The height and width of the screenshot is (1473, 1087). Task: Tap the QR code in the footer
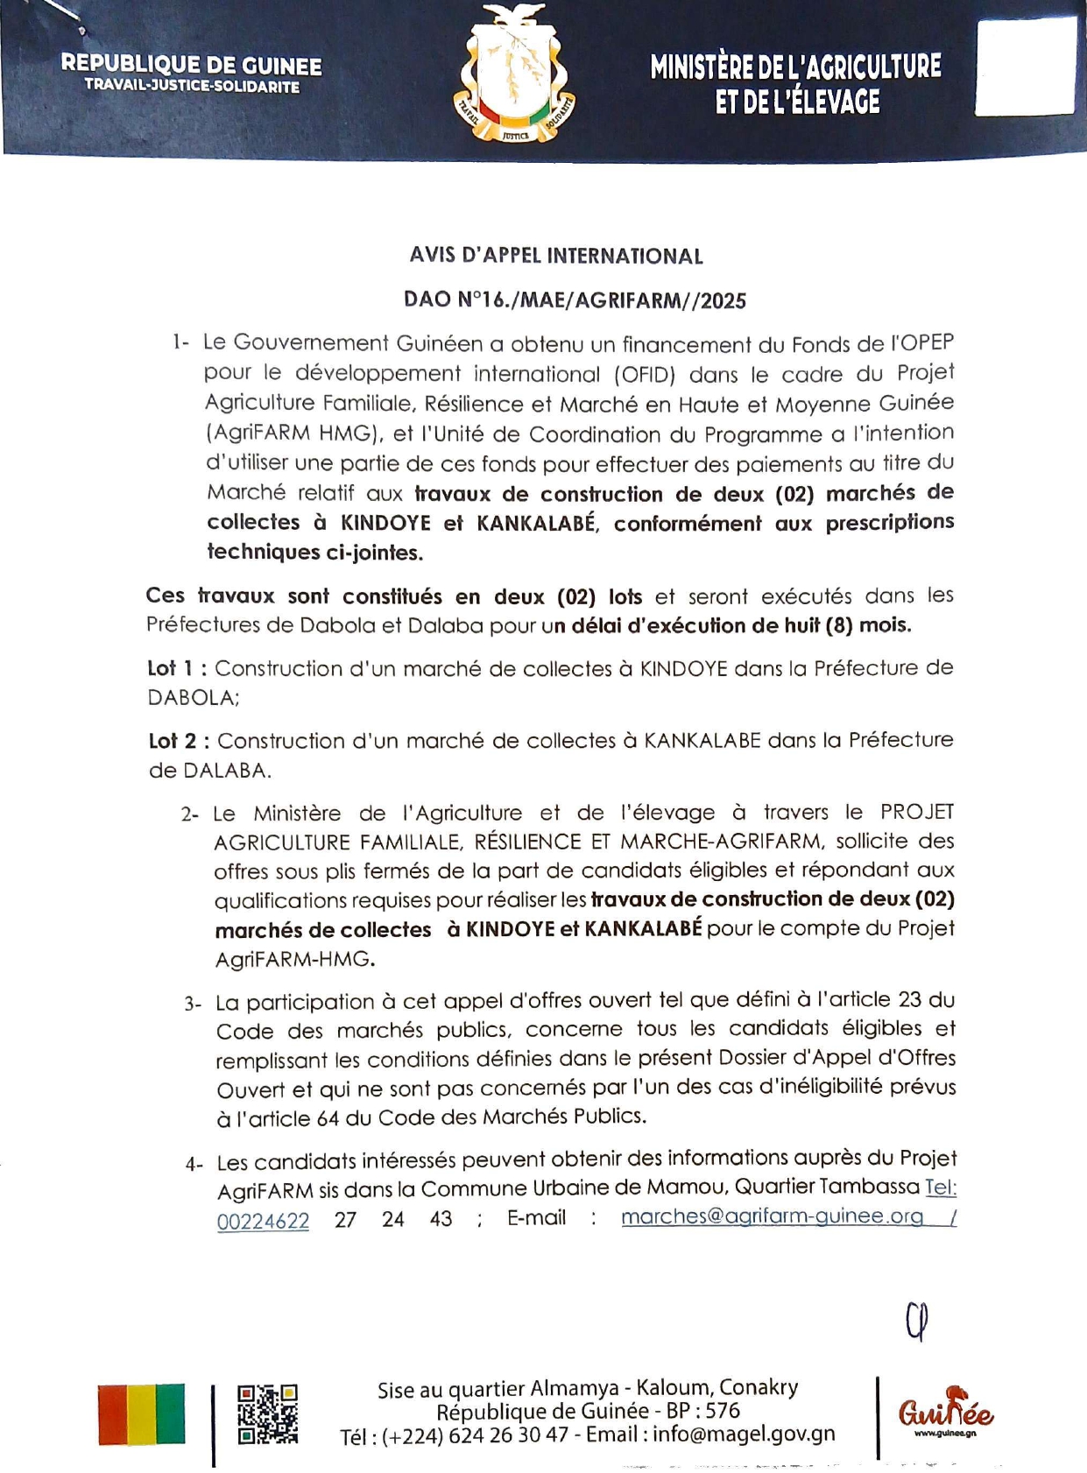pyautogui.click(x=268, y=1413)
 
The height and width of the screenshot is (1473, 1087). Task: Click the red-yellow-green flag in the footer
pyautogui.click(x=141, y=1413)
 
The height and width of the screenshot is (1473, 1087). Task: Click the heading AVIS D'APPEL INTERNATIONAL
pyautogui.click(x=556, y=256)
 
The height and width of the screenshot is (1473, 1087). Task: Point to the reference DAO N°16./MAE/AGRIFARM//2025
pyautogui.click(x=575, y=300)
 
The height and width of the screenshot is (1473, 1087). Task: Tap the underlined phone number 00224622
pyautogui.click(x=263, y=1220)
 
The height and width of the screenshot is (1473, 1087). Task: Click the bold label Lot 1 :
pyautogui.click(x=178, y=668)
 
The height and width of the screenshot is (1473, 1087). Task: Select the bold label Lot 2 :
pyautogui.click(x=180, y=741)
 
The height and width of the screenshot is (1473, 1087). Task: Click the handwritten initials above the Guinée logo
pyautogui.click(x=917, y=1321)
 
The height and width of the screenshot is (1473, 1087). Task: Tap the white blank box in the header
pyautogui.click(x=1024, y=67)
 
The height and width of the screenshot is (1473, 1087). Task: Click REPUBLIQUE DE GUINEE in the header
pyautogui.click(x=191, y=65)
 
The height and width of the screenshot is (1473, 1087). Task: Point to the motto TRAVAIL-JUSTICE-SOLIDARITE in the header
pyautogui.click(x=192, y=87)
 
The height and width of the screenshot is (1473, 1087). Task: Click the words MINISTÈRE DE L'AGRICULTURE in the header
pyautogui.click(x=795, y=67)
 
